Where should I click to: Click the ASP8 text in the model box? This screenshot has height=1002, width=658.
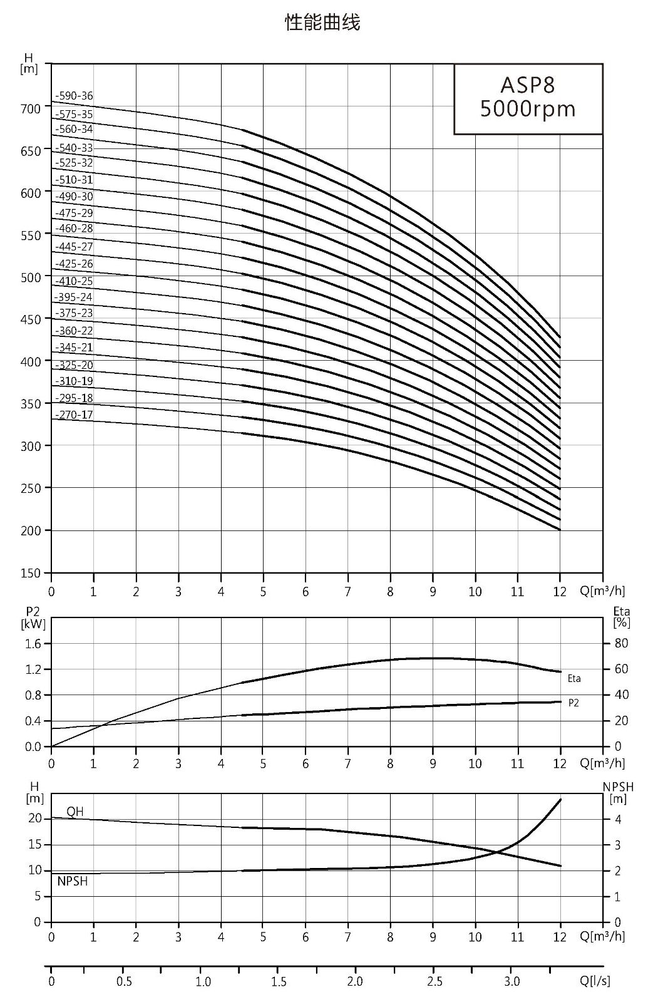pyautogui.click(x=528, y=85)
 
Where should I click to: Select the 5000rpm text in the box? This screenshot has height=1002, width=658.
pyautogui.click(x=528, y=109)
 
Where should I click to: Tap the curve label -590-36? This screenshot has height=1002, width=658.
pyautogui.click(x=75, y=96)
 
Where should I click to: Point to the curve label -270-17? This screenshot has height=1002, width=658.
pyautogui.click(x=75, y=415)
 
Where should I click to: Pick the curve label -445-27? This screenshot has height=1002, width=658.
pyautogui.click(x=75, y=247)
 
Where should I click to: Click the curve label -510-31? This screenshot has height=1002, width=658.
pyautogui.click(x=75, y=180)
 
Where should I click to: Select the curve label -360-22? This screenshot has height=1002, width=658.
pyautogui.click(x=75, y=331)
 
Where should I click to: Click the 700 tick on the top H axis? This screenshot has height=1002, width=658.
pyautogui.click(x=31, y=109)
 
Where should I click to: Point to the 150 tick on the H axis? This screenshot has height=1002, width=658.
pyautogui.click(x=31, y=573)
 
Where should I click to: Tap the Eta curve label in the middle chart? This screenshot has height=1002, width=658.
pyautogui.click(x=574, y=679)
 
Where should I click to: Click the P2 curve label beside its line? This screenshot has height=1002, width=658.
pyautogui.click(x=573, y=703)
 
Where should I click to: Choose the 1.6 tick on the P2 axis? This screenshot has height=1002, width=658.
pyautogui.click(x=33, y=644)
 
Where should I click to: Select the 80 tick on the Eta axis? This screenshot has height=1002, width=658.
pyautogui.click(x=622, y=643)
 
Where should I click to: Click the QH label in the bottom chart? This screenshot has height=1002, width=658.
pyautogui.click(x=75, y=812)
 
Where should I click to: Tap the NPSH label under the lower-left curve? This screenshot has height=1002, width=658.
pyautogui.click(x=73, y=881)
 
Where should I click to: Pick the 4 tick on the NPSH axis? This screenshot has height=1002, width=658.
pyautogui.click(x=618, y=820)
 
